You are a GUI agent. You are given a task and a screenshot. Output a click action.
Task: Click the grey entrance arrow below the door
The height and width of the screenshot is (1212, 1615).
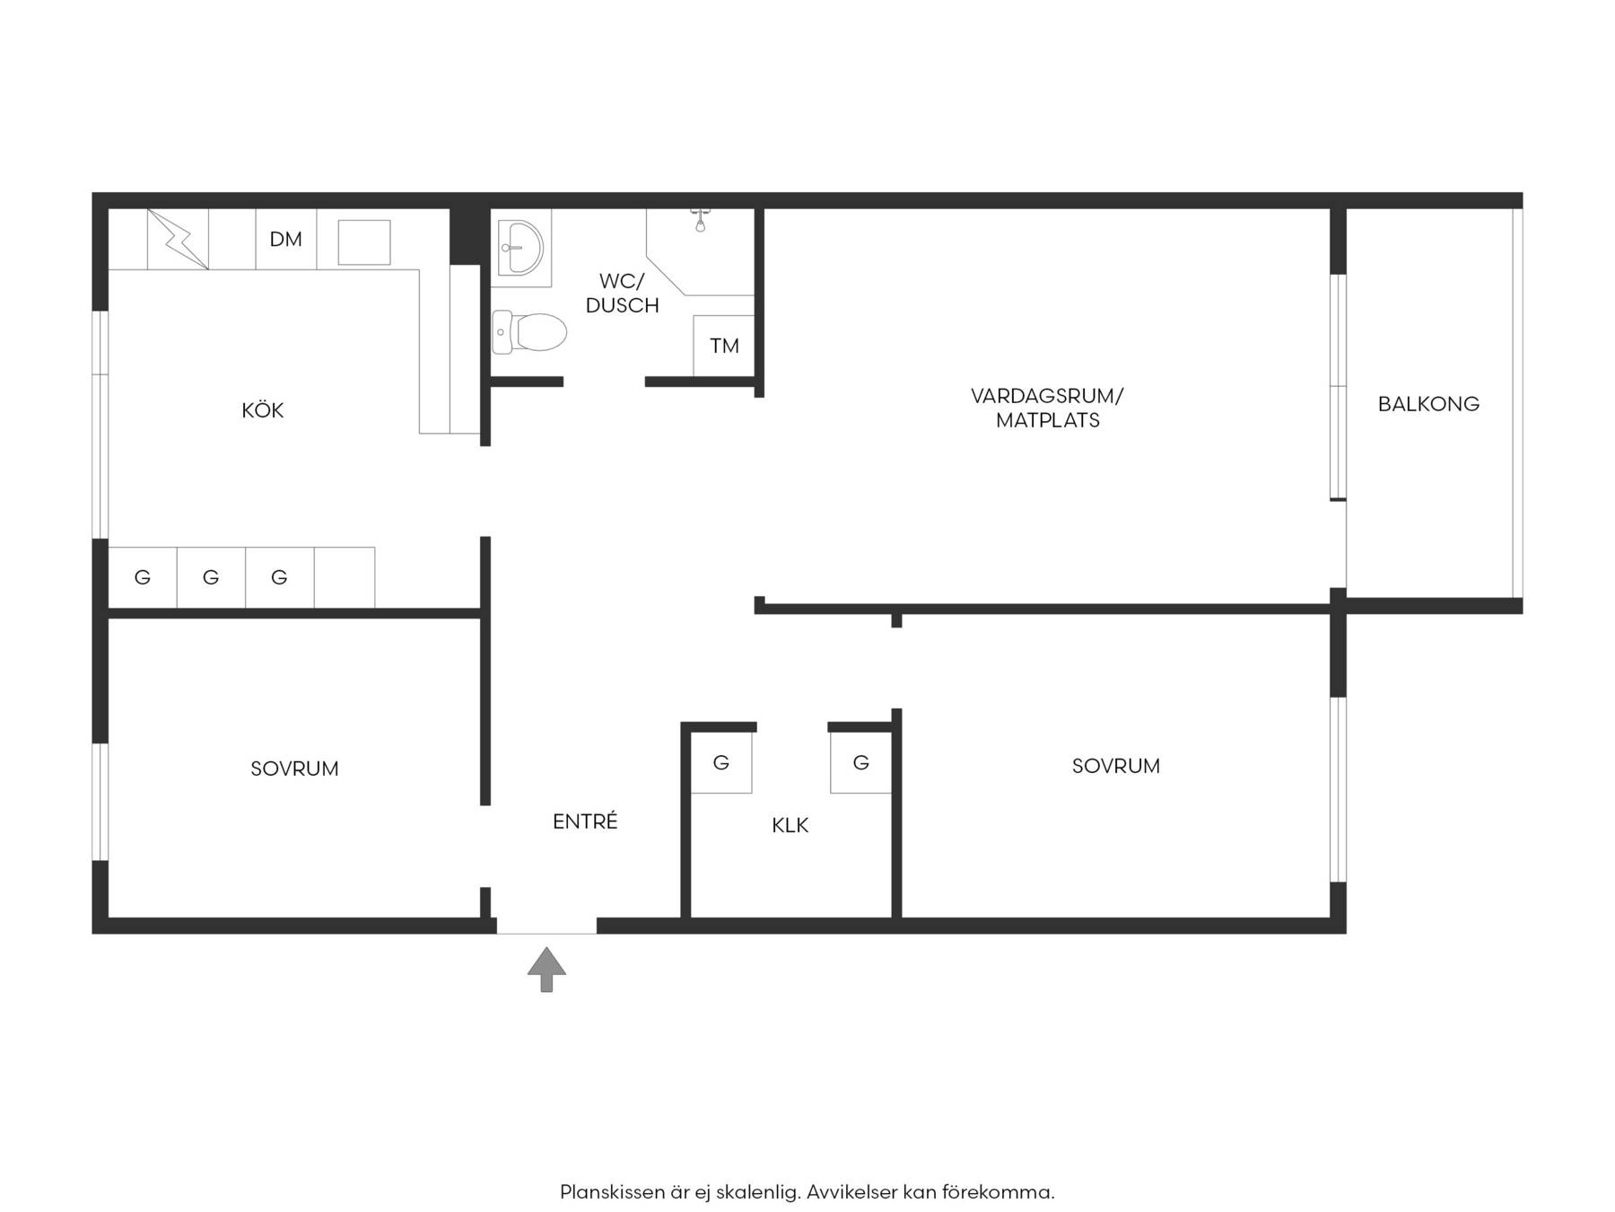click(546, 970)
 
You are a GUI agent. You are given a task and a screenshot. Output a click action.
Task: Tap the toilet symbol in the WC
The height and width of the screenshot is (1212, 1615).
click(529, 332)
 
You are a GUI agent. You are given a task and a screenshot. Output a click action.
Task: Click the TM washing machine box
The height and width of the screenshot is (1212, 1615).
click(723, 346)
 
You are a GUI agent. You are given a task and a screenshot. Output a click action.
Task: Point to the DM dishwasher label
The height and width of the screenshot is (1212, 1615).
click(286, 239)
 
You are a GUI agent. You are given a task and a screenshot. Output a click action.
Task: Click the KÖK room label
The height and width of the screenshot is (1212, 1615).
click(263, 410)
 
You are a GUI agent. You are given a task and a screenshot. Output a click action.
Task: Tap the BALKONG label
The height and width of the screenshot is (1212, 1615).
click(1428, 404)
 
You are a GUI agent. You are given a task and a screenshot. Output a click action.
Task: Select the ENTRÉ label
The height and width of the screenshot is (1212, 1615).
click(585, 821)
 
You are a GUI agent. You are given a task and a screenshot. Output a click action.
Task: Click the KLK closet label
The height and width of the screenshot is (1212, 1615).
click(790, 825)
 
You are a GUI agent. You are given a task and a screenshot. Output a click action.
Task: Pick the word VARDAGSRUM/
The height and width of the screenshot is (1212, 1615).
click(1047, 396)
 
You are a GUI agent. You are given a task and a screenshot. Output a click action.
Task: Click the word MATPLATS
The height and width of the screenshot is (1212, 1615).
click(1048, 420)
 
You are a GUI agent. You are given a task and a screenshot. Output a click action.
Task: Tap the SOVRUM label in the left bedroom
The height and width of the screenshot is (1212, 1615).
click(294, 768)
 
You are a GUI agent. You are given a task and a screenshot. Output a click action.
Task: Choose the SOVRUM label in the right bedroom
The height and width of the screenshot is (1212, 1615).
click(1116, 766)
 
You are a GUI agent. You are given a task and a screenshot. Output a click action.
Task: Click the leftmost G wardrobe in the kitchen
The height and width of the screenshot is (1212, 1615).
click(143, 577)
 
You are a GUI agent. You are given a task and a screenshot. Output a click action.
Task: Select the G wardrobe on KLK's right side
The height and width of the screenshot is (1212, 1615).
click(861, 762)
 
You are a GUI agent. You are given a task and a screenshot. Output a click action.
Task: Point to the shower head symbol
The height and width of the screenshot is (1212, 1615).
click(700, 219)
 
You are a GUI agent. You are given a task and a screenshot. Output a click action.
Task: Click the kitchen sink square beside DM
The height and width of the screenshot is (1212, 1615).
click(363, 242)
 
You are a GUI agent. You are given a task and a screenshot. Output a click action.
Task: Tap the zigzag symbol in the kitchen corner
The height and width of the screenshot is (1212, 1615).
click(178, 239)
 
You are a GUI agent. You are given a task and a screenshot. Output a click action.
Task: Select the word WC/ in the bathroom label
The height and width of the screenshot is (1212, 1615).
click(622, 281)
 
